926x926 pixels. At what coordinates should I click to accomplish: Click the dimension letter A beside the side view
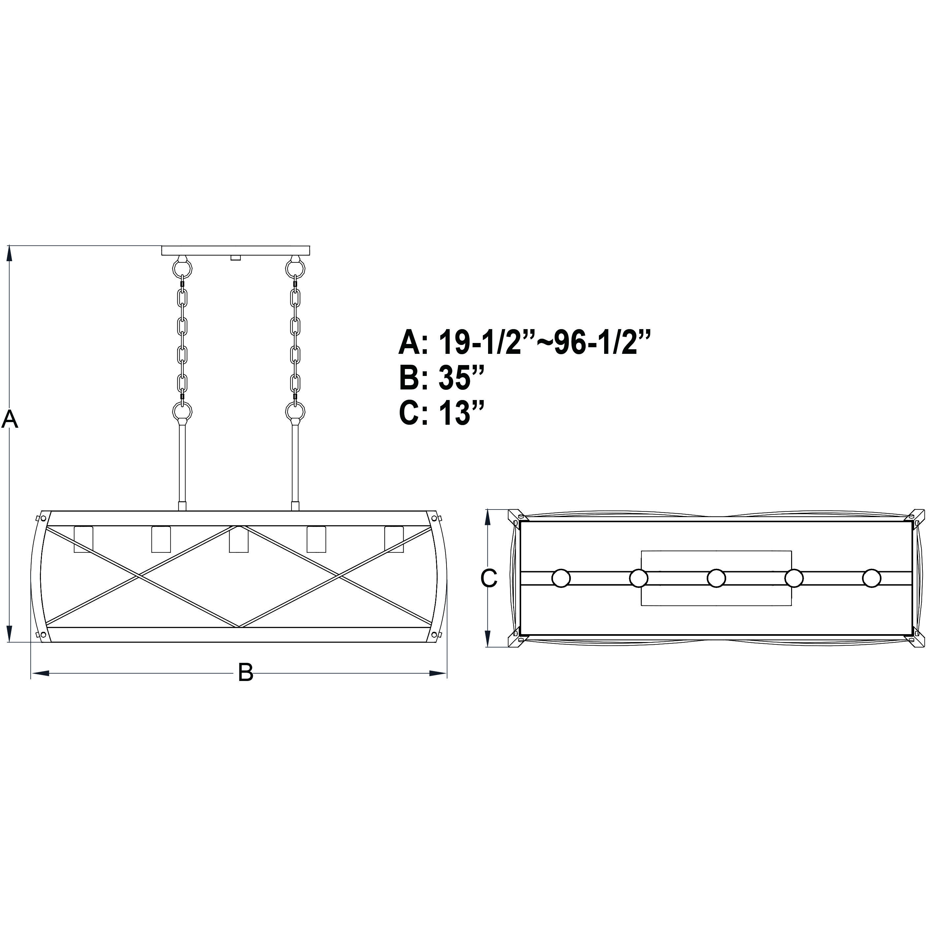tap(10, 419)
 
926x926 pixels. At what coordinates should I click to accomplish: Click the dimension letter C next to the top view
tap(489, 578)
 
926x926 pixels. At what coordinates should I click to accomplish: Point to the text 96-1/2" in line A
tap(602, 342)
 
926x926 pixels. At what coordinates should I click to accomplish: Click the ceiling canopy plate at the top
tap(236, 250)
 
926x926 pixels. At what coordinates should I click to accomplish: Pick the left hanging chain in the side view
tap(182, 340)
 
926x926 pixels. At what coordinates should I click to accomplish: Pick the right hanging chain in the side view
tap(295, 340)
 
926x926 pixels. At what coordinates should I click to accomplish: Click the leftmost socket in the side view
tap(83, 539)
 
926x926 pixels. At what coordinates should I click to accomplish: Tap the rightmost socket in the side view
tap(393, 539)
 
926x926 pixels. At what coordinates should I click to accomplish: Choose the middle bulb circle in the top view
tap(716, 578)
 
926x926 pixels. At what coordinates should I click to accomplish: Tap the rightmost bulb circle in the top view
tap(871, 578)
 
